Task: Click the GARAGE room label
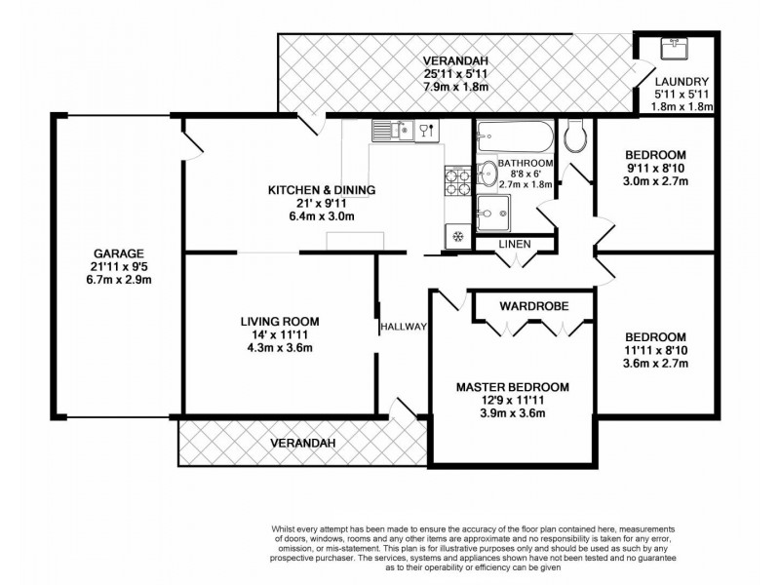tap(119, 253)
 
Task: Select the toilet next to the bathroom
tap(576, 136)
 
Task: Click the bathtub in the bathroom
tap(515, 136)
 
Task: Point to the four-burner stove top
tap(457, 181)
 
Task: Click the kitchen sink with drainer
tap(393, 131)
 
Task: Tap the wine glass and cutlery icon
tap(427, 131)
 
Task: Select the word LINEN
tap(515, 245)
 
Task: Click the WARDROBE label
tap(533, 306)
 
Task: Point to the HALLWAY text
tap(404, 327)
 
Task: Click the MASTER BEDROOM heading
tap(513, 387)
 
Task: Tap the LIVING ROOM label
tap(280, 322)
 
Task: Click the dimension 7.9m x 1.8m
tap(456, 87)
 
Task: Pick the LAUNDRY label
tap(682, 82)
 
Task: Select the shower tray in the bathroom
tap(493, 214)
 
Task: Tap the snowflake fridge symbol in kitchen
tap(457, 236)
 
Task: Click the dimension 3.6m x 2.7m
tap(655, 363)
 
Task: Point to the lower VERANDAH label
tap(303, 443)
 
